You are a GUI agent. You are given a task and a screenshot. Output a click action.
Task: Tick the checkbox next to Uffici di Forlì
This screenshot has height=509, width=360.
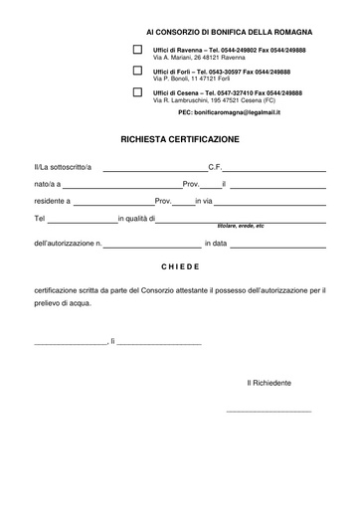click(x=137, y=72)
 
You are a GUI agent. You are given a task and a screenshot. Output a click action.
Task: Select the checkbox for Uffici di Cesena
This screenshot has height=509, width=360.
click(x=137, y=93)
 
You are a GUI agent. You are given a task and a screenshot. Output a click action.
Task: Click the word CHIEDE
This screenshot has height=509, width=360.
click(x=179, y=267)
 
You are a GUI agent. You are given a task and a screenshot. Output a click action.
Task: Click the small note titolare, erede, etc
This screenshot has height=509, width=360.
click(x=234, y=228)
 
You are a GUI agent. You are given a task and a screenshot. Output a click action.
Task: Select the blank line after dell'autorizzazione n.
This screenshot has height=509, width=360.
click(x=152, y=245)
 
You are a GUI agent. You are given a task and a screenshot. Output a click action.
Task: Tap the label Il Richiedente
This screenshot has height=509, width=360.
click(x=269, y=382)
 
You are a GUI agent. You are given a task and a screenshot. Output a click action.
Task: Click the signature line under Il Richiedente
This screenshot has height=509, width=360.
click(x=269, y=410)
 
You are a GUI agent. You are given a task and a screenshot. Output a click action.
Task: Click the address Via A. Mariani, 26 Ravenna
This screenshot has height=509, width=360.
click(x=200, y=57)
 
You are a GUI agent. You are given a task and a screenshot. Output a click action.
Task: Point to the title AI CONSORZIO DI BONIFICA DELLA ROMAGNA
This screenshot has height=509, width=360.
click(x=215, y=32)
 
